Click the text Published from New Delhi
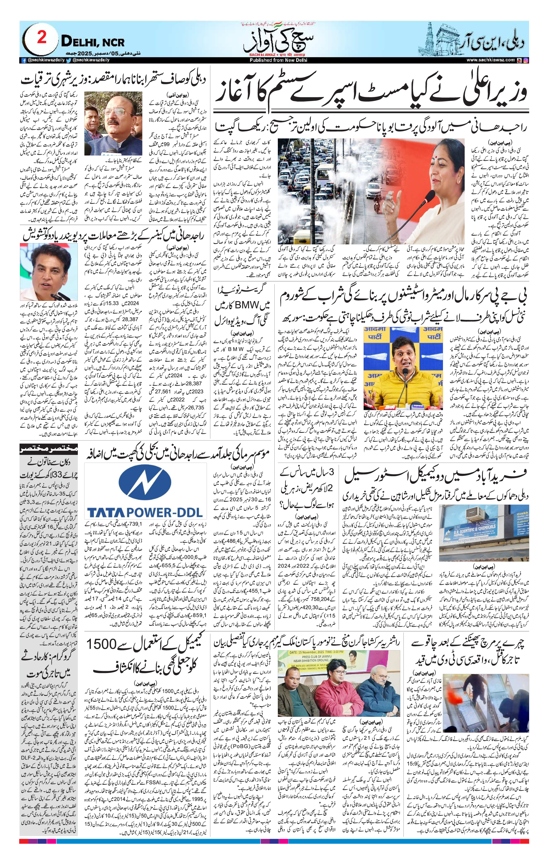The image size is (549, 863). click(x=276, y=61)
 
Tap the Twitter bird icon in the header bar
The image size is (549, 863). click(x=69, y=60)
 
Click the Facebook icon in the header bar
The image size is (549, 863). click(x=24, y=61)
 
